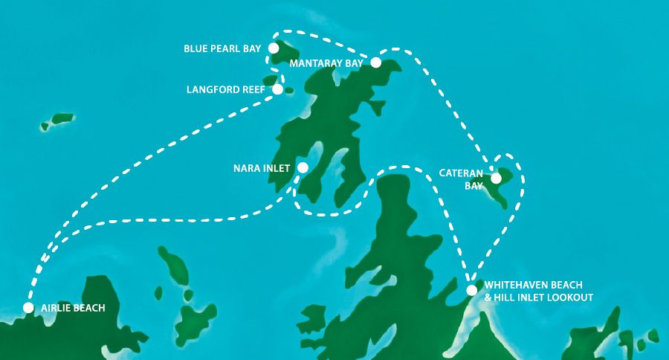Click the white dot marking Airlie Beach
click(28, 307)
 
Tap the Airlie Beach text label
click(73, 308)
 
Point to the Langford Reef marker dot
click(278, 89)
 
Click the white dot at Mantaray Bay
click(376, 62)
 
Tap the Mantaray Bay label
click(326, 64)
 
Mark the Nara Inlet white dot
click(303, 168)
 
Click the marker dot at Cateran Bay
click(496, 178)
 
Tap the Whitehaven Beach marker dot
click(471, 290)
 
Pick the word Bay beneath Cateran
click(474, 186)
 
